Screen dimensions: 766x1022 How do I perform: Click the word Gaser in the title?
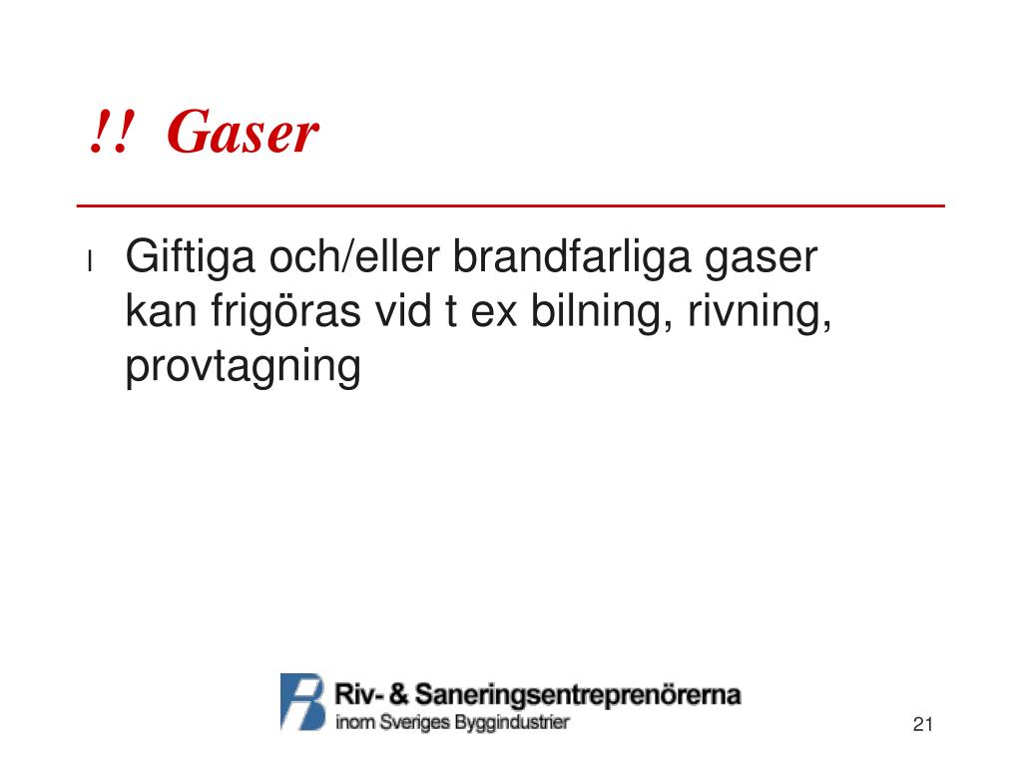click(x=243, y=133)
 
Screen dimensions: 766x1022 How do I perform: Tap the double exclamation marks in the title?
click(x=109, y=133)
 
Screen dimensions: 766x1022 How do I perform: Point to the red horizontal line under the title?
click(x=511, y=205)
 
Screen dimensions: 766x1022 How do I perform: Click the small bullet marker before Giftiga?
click(x=90, y=262)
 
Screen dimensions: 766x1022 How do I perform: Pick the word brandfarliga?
click(x=558, y=260)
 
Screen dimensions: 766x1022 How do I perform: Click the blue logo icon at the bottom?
click(x=303, y=701)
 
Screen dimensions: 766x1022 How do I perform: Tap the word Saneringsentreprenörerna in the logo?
click(x=578, y=695)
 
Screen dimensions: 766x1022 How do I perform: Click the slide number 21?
click(x=922, y=724)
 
